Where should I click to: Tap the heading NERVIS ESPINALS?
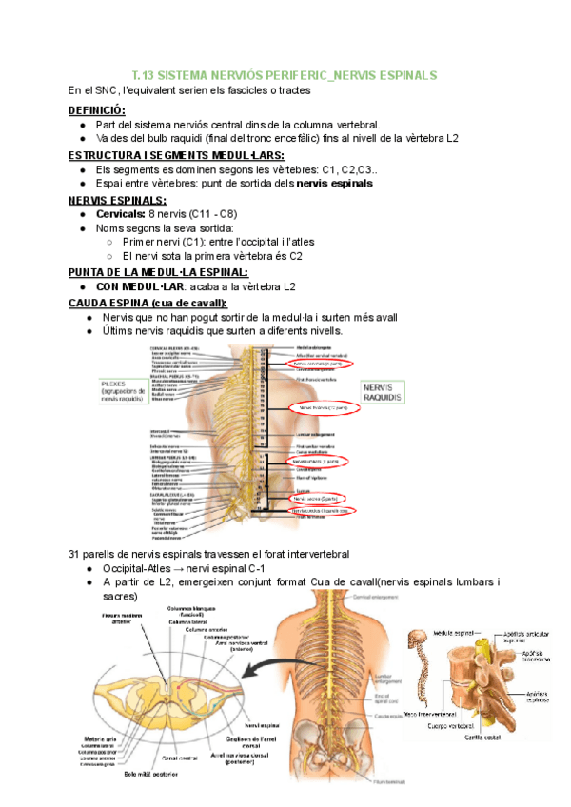click(117, 200)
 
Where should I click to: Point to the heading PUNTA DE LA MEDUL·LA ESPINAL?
click(159, 272)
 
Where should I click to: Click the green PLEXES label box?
click(123, 391)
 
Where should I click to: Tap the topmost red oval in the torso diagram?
click(320, 364)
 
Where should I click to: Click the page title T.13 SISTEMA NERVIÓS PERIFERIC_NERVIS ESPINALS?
click(284, 73)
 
